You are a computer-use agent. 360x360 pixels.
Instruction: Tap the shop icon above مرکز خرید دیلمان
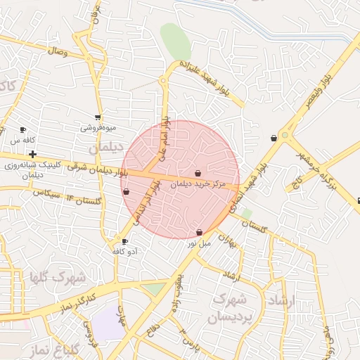198,173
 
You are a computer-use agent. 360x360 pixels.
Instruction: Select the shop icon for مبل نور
200,232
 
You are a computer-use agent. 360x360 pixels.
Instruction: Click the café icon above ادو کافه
125,241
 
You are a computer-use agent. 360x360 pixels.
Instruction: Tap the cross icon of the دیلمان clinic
32,153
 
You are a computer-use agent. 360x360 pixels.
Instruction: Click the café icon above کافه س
22,130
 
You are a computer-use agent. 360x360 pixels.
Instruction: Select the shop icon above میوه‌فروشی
97,117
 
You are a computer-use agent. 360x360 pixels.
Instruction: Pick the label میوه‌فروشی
97,128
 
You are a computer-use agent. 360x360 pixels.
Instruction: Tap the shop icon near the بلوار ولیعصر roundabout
274,139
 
